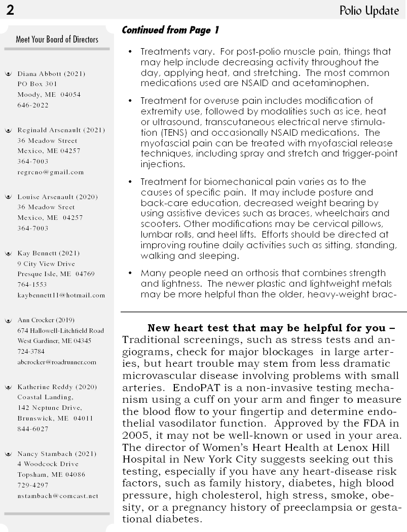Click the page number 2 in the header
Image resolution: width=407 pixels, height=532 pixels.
click(x=10, y=10)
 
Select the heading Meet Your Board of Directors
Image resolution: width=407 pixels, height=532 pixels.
click(x=57, y=39)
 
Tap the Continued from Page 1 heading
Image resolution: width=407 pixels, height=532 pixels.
click(x=170, y=30)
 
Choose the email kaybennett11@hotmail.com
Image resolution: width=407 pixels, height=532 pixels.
click(x=61, y=295)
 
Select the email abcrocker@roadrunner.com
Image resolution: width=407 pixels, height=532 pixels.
click(x=56, y=362)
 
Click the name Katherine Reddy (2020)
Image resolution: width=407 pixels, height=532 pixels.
click(x=57, y=387)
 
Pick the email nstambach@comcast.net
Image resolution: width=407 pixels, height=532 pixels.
click(x=57, y=496)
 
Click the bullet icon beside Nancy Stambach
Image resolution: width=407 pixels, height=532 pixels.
click(x=8, y=454)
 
